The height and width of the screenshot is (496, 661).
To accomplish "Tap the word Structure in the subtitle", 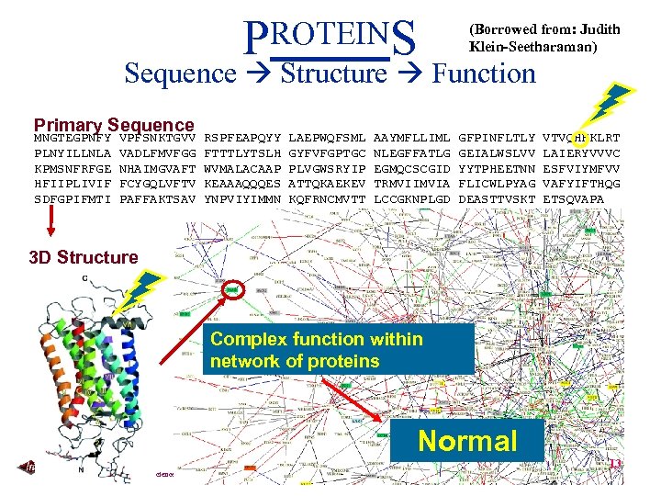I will pos(334,73).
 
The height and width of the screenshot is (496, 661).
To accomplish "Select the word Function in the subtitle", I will pos(484,73).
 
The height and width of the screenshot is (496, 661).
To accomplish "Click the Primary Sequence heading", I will pos(113,125).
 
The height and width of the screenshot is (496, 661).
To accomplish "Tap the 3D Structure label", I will pos(83,257).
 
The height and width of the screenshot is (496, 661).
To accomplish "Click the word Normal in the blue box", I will pos(467,441).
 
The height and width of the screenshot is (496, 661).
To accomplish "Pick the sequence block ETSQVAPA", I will pos(574,197).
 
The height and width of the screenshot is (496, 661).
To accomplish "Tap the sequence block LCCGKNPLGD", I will pos(412,197).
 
